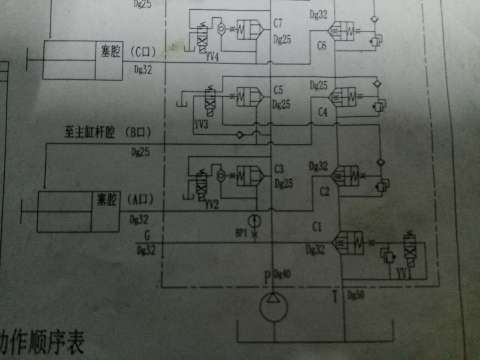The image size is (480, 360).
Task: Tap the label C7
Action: pyautogui.click(x=278, y=21)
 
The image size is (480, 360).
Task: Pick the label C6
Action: pyautogui.click(x=322, y=46)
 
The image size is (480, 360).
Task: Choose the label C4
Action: pyautogui.click(x=322, y=114)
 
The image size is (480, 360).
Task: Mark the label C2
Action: pyautogui.click(x=324, y=187)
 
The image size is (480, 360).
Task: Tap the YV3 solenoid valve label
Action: pyautogui.click(x=201, y=127)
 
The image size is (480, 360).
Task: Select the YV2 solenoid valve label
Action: pyautogui.click(x=212, y=203)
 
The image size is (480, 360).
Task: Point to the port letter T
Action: pyautogui.click(x=335, y=293)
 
